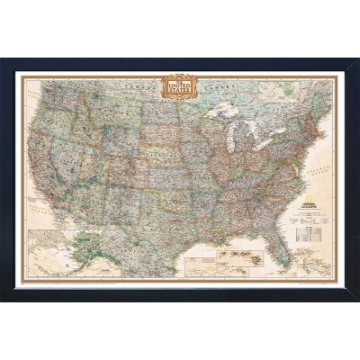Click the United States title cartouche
pyautogui.click(x=177, y=86)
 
